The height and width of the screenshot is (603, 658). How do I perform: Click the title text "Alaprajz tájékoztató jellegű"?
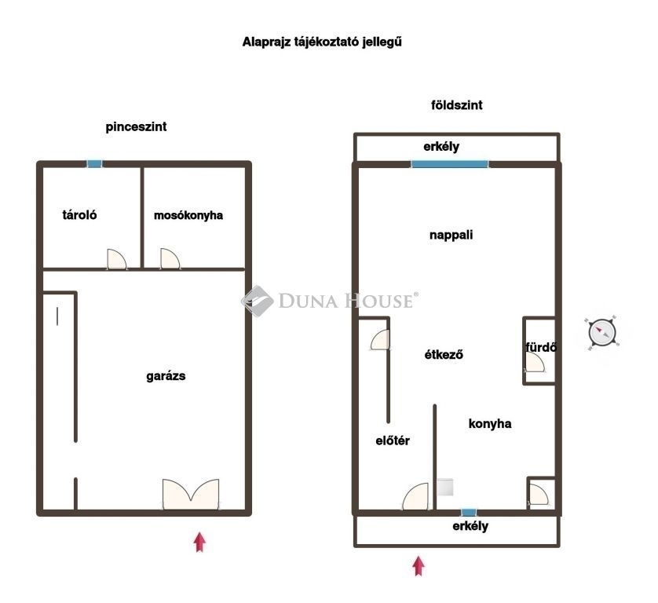(322, 42)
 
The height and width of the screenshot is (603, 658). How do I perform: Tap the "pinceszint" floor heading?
(136, 126)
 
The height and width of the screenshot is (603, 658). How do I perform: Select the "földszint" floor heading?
(456, 104)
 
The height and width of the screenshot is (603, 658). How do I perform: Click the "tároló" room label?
(79, 215)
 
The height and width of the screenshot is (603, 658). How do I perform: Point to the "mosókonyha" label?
(188, 215)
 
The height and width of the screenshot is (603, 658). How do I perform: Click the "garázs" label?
(166, 376)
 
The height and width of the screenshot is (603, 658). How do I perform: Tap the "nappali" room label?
(451, 235)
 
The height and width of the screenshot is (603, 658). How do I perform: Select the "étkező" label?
(444, 355)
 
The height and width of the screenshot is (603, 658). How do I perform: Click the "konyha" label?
(490, 423)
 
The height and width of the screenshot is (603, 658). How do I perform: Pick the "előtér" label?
(393, 440)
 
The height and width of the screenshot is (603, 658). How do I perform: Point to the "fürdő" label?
(541, 347)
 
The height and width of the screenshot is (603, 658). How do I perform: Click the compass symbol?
(602, 333)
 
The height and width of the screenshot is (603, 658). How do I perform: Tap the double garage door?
(191, 494)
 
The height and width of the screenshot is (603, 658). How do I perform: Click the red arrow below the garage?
(199, 543)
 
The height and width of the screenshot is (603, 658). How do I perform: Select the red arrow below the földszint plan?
(419, 566)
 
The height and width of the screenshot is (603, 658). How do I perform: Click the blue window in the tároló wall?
(94, 164)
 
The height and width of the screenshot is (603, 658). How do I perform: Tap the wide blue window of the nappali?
(450, 164)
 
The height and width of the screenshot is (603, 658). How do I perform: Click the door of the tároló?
(117, 259)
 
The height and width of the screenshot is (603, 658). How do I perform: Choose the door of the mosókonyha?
(170, 258)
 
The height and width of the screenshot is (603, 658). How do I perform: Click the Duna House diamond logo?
(258, 301)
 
